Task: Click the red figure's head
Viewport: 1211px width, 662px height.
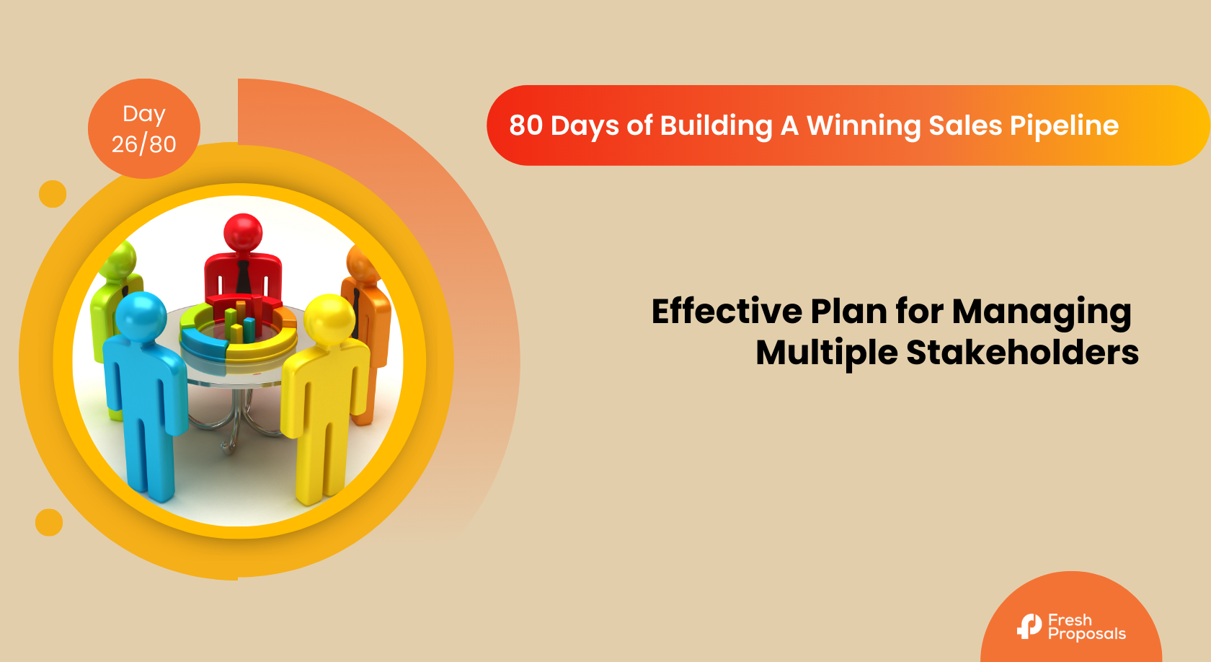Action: pyautogui.click(x=244, y=232)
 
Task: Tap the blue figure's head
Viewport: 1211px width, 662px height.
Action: pyautogui.click(x=141, y=317)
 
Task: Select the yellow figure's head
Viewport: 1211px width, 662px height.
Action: pyautogui.click(x=329, y=319)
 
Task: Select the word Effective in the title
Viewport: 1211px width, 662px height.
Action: pyautogui.click(x=726, y=312)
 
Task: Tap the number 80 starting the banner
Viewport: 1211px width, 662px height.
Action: pyautogui.click(x=525, y=125)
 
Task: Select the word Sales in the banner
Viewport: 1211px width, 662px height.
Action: pyautogui.click(x=965, y=125)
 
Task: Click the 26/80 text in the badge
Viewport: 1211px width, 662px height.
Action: pyautogui.click(x=144, y=144)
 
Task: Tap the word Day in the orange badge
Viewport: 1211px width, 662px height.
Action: pyautogui.click(x=144, y=115)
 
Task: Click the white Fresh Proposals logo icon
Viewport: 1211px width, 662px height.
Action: pyautogui.click(x=1029, y=626)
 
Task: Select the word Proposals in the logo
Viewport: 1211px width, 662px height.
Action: pyautogui.click(x=1087, y=635)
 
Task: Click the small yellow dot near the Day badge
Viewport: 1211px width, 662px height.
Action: pyautogui.click(x=53, y=193)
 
